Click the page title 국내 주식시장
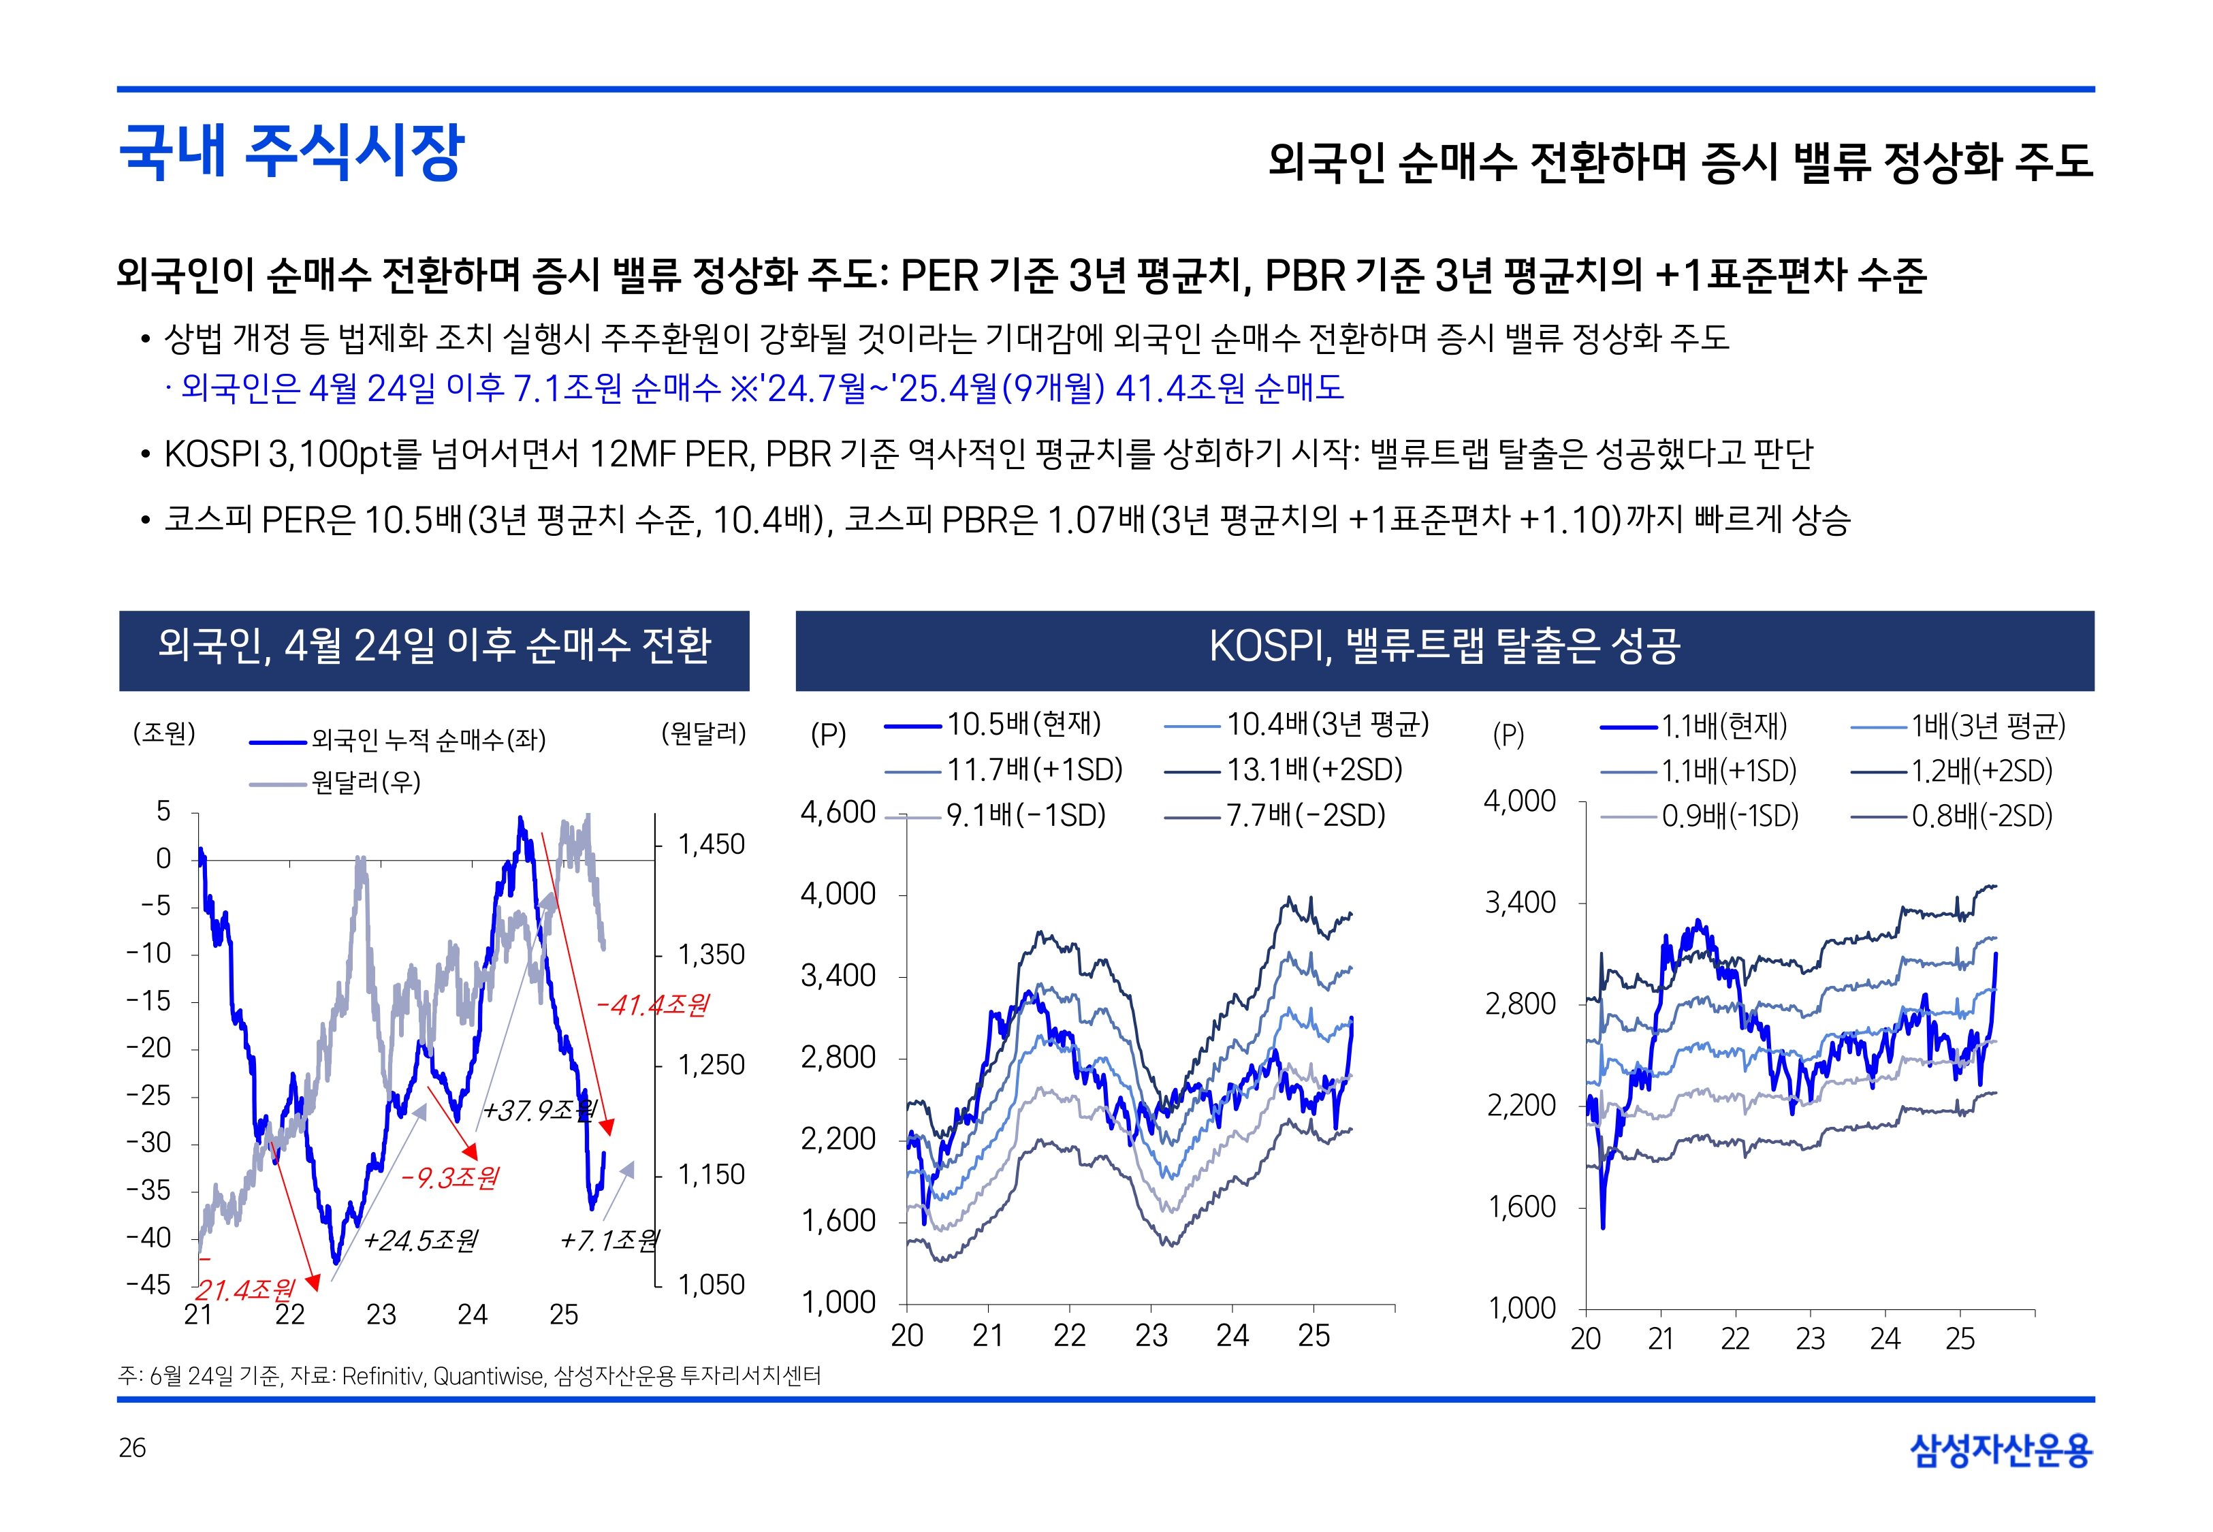pos(291,152)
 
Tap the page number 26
pos(132,1448)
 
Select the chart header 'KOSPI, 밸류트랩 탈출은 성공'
pos(1444,646)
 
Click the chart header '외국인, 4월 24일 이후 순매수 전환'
pos(434,646)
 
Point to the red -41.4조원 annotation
pos(652,1005)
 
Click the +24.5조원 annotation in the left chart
pos(419,1241)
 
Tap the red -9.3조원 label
pos(449,1178)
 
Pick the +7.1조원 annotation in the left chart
pos(609,1241)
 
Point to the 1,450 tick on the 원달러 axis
pos(711,845)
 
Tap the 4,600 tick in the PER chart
pos(838,812)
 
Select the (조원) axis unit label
pos(164,734)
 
